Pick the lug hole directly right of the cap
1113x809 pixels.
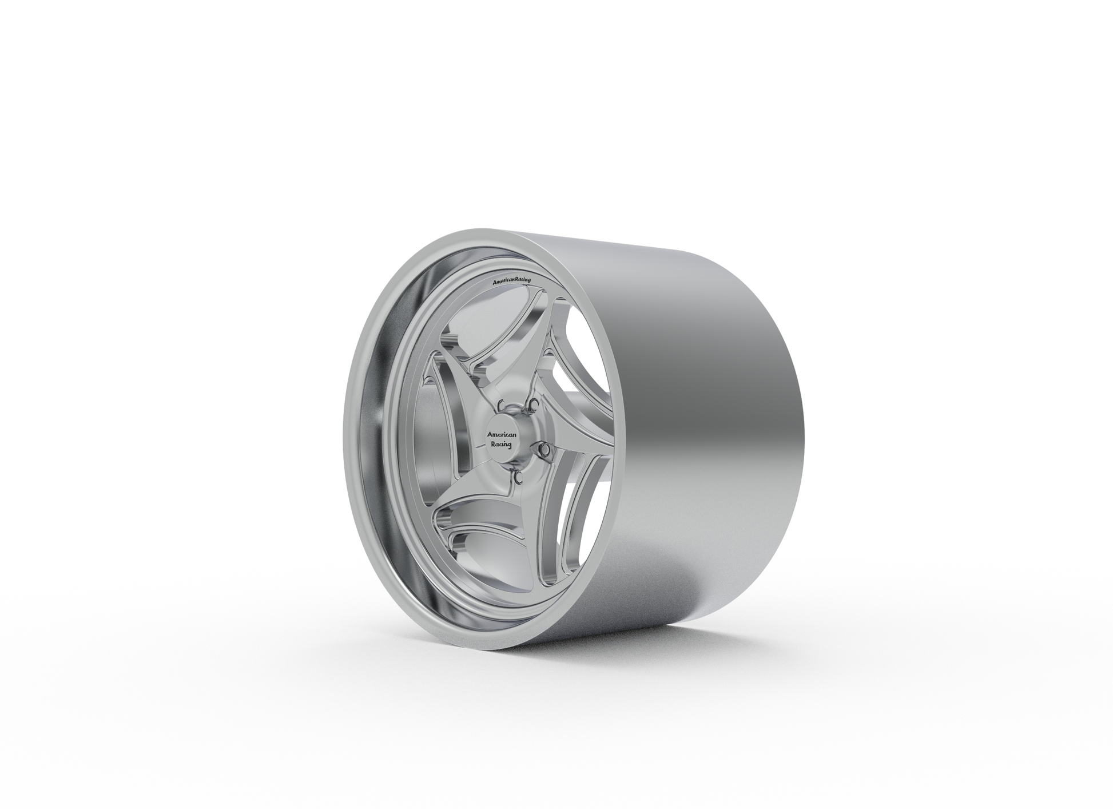click(547, 451)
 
